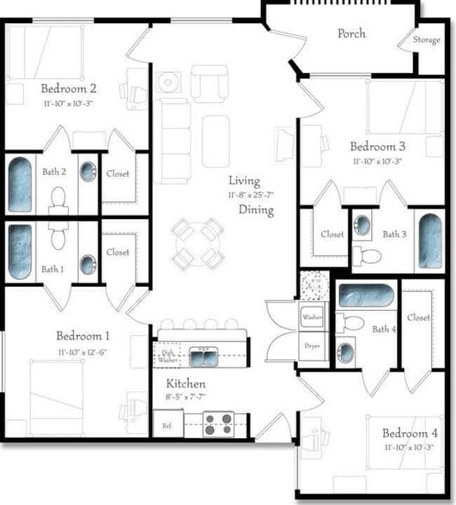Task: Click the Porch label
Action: tap(351, 33)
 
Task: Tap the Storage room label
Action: tap(426, 40)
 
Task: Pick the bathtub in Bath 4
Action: tap(366, 295)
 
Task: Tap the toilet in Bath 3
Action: tap(370, 254)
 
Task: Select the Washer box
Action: tap(312, 316)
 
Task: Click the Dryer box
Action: tap(312, 345)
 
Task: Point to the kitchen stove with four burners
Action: tap(219, 422)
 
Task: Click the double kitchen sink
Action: tap(204, 354)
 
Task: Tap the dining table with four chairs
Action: tap(197, 243)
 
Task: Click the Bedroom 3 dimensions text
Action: tap(378, 161)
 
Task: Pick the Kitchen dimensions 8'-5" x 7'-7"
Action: tap(185, 398)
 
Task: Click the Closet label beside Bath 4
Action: tap(418, 318)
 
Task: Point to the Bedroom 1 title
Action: tap(82, 336)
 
